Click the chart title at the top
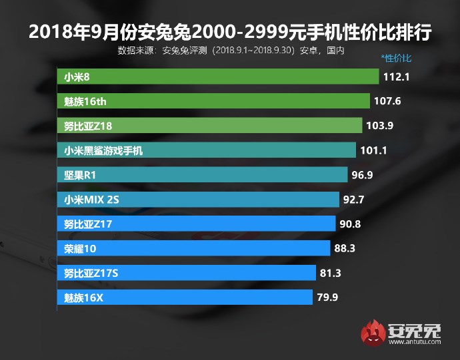pyautogui.click(x=230, y=31)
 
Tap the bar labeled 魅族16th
pyautogui.click(x=213, y=101)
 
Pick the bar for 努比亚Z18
pyautogui.click(x=210, y=126)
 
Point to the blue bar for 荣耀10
pyautogui.click(x=193, y=248)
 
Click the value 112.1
pyautogui.click(x=396, y=77)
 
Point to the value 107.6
pyautogui.click(x=387, y=102)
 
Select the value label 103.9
pyautogui.click(x=379, y=126)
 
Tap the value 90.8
pyautogui.click(x=350, y=224)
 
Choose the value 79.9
pyautogui.click(x=327, y=297)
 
